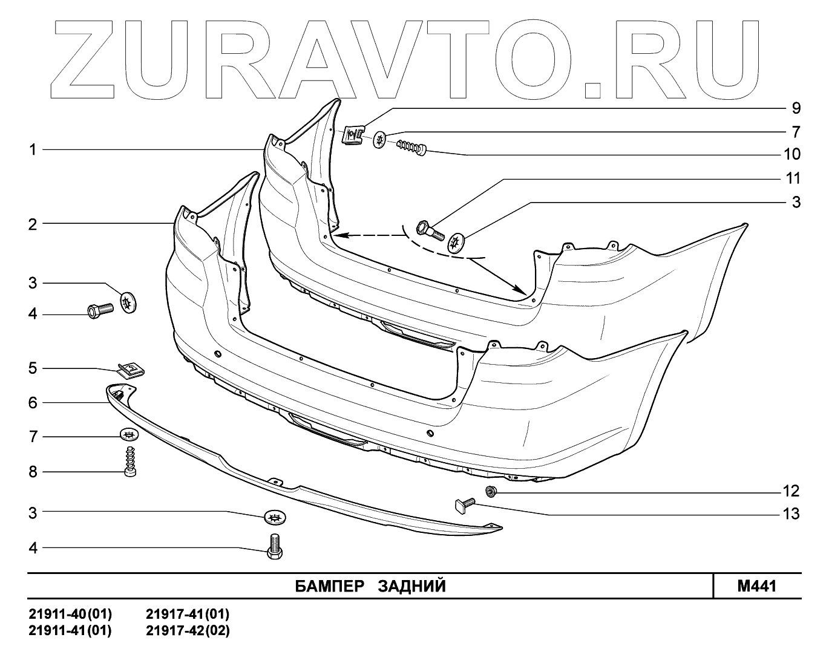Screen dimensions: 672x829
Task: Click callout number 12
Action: (x=791, y=491)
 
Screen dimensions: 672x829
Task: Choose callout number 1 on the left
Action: (x=33, y=149)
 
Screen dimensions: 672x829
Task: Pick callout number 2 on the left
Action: (x=33, y=224)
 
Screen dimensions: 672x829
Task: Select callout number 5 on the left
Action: (x=33, y=368)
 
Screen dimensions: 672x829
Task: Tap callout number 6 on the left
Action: (x=33, y=402)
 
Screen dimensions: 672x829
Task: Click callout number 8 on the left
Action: (x=33, y=472)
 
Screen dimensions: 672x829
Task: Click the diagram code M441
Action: (x=756, y=586)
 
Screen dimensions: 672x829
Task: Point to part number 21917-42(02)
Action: (x=188, y=630)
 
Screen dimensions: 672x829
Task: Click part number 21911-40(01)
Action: (x=70, y=615)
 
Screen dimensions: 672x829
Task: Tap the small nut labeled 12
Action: (x=491, y=490)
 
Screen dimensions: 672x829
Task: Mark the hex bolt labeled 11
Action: (x=430, y=230)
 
